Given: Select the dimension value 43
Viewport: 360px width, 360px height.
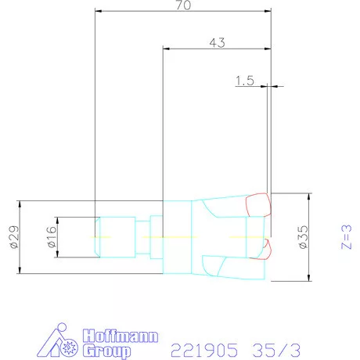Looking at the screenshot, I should [x=218, y=43].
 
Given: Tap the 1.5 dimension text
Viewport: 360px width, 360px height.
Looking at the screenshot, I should [x=245, y=81].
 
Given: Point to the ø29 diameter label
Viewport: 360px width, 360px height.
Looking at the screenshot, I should [x=12, y=236].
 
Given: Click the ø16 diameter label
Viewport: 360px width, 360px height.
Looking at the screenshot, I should [x=49, y=237].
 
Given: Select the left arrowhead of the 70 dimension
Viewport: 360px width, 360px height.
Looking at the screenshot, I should [x=97, y=12].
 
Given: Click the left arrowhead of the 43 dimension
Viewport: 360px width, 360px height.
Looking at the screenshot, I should [x=165, y=49].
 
